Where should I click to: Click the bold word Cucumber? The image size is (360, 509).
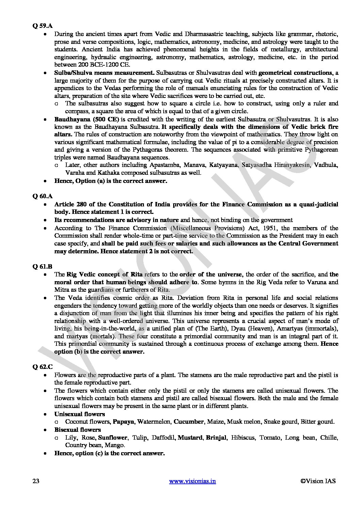[189, 422]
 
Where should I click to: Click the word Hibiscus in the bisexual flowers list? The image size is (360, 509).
[243, 438]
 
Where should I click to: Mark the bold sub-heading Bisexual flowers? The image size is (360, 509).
[77, 430]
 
